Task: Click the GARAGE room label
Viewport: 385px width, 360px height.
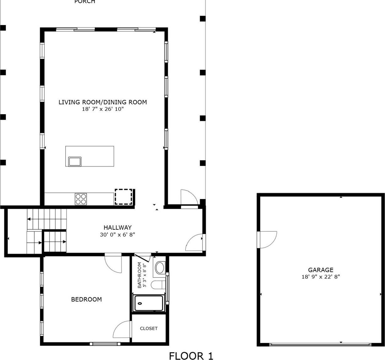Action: (x=320, y=270)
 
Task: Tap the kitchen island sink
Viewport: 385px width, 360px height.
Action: (x=75, y=162)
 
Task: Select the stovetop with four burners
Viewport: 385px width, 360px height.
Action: (x=81, y=199)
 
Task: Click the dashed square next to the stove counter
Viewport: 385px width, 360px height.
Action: (x=123, y=197)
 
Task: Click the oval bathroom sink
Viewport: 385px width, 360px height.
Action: (x=160, y=268)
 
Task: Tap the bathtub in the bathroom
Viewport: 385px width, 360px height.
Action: (x=149, y=303)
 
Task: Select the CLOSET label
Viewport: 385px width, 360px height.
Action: (x=149, y=329)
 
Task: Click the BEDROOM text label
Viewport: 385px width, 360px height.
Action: (x=86, y=299)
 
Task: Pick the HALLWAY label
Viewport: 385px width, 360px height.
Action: (x=117, y=228)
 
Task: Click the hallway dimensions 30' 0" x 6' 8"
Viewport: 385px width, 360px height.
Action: (x=117, y=234)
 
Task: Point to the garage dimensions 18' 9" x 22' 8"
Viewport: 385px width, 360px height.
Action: (x=320, y=277)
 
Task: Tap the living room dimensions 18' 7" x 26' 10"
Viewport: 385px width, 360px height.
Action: (x=103, y=109)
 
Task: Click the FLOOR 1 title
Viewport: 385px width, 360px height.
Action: (x=191, y=356)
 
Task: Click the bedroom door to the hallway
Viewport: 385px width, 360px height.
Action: (x=113, y=263)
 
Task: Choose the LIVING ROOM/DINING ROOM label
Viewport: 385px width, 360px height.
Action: (x=103, y=102)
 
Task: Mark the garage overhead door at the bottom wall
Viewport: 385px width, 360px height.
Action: (x=320, y=345)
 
